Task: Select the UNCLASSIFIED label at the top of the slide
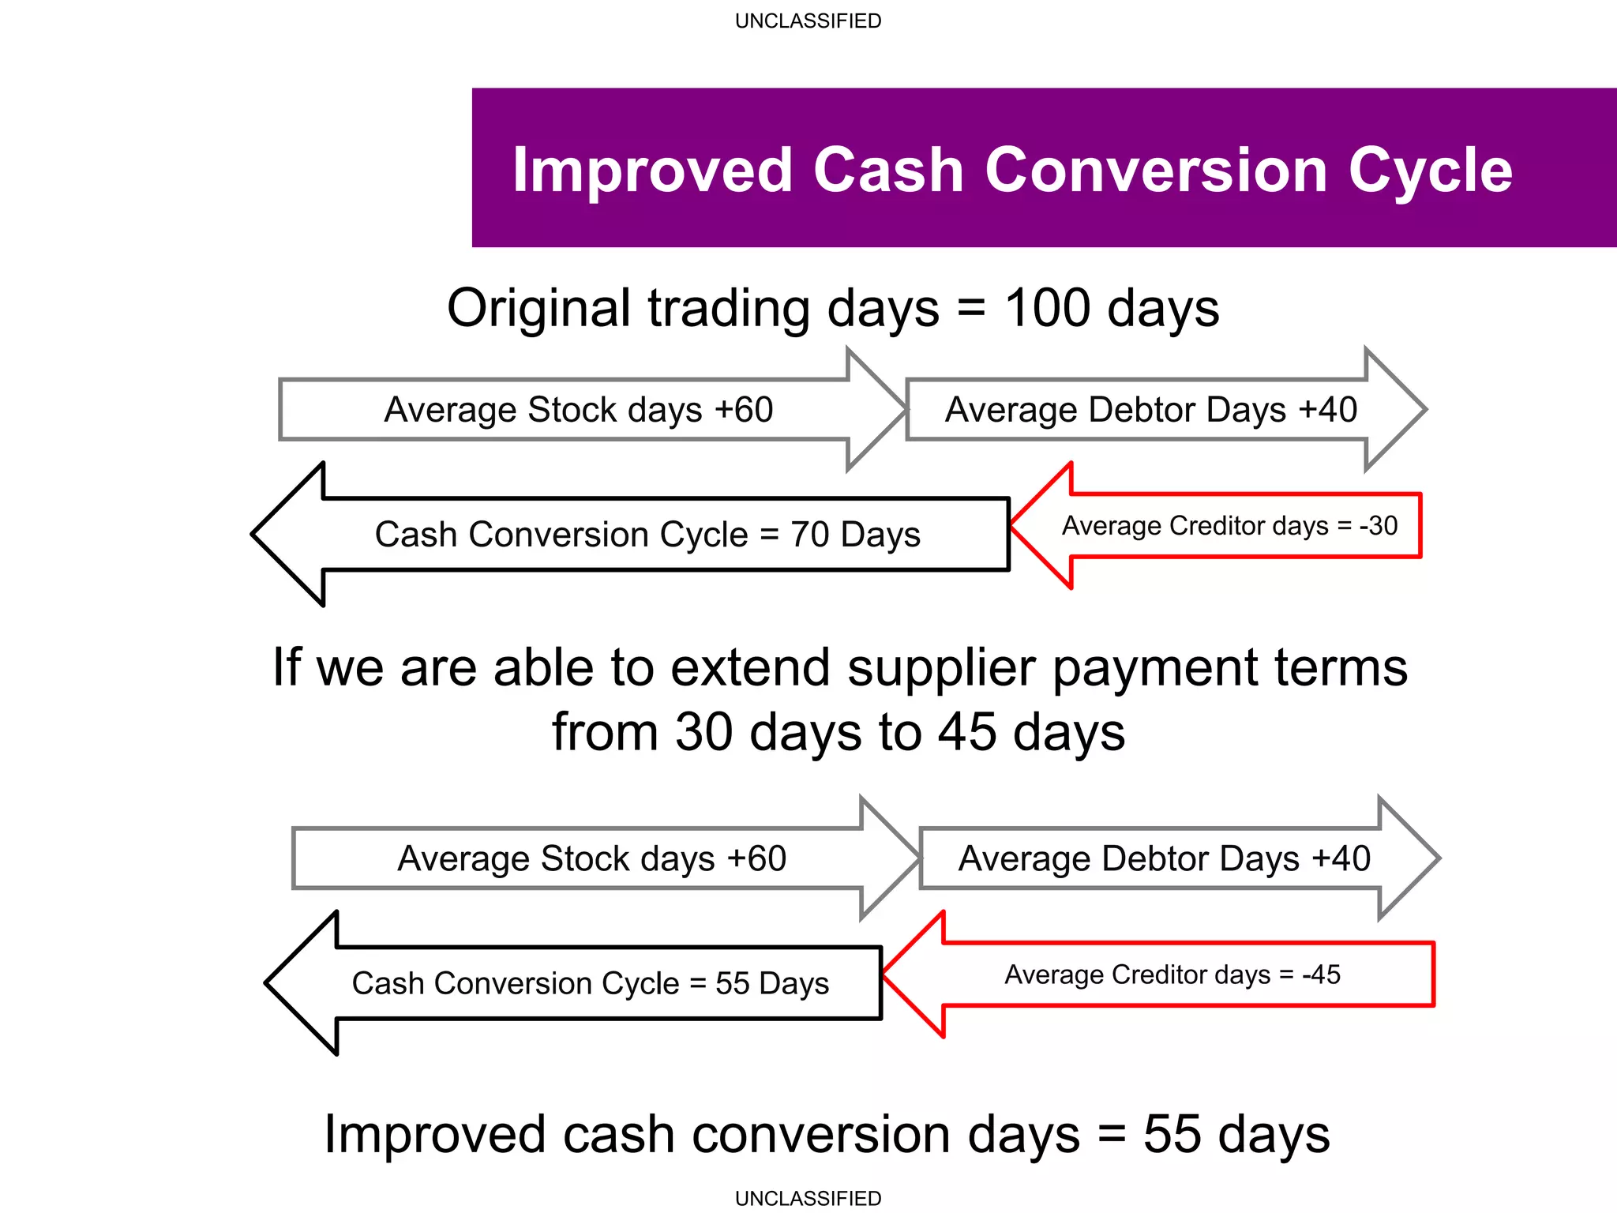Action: coord(808,21)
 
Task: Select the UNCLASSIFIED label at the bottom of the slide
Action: coord(808,1198)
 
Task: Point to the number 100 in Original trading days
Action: coord(1047,308)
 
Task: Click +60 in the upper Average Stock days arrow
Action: coord(743,410)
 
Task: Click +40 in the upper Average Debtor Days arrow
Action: coord(1328,410)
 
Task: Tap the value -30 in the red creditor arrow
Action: coord(1379,526)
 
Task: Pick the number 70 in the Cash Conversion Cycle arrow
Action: coord(809,535)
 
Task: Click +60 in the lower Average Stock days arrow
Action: coord(756,858)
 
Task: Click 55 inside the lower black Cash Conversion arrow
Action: coord(733,984)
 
